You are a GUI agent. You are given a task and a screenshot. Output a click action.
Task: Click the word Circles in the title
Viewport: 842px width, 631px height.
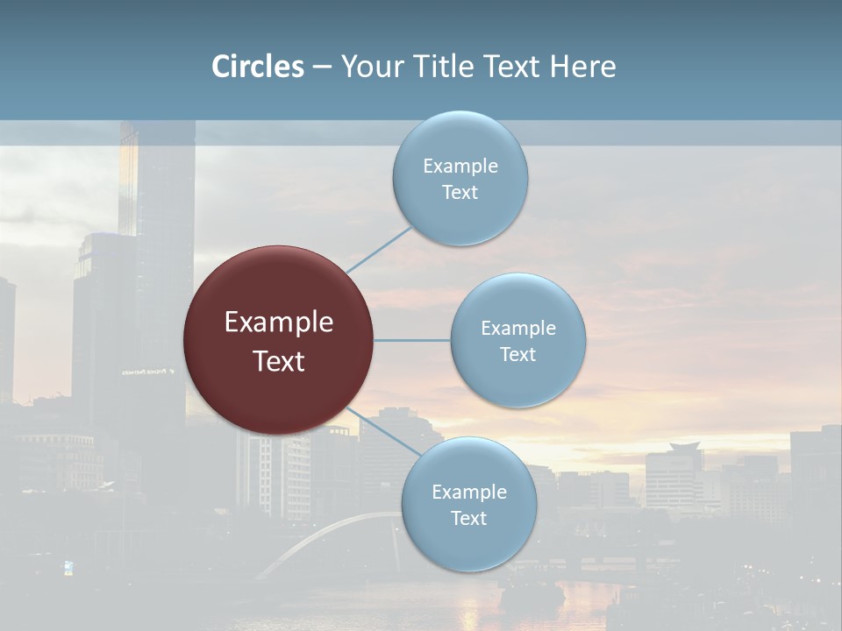258,67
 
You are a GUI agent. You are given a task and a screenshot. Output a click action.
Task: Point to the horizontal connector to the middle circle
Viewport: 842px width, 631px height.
411,340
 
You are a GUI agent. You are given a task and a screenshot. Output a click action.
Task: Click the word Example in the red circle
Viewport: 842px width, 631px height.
278,323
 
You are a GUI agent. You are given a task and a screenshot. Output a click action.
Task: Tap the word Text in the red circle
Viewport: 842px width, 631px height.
278,361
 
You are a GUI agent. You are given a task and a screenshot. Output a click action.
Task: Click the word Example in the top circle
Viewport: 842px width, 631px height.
460,166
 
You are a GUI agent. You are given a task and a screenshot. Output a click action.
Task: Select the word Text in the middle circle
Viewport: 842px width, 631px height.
517,354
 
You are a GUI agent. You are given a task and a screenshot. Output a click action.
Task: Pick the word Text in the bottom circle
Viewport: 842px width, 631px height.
468,518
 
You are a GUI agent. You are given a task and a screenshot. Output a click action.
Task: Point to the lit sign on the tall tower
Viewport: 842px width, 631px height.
147,372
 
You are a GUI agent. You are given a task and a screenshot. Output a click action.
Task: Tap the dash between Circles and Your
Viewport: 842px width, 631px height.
322,67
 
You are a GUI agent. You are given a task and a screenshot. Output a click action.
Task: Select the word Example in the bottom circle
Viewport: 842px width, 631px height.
468,492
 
